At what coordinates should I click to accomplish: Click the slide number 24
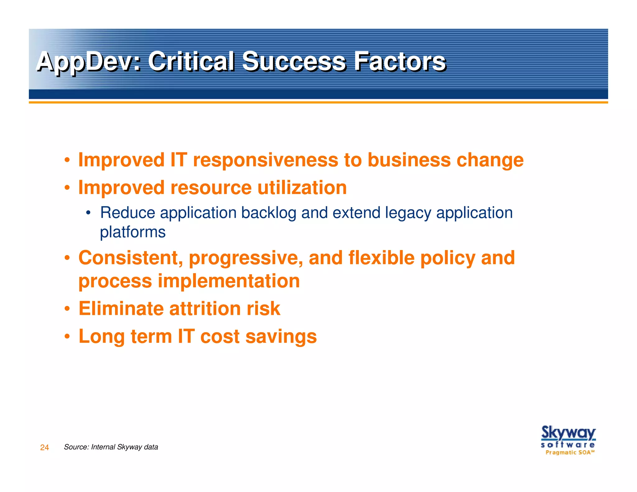click(44, 447)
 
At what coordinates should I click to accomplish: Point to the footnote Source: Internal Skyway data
click(111, 447)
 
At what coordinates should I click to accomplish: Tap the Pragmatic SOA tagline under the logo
click(570, 452)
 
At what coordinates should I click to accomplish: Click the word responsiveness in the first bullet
click(265, 160)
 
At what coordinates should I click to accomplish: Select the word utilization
click(302, 188)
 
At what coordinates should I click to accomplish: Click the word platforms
click(133, 232)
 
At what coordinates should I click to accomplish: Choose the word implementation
click(229, 281)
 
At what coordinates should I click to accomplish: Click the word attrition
click(205, 309)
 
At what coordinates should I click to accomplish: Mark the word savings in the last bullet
click(281, 337)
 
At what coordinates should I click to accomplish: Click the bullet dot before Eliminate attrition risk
click(67, 309)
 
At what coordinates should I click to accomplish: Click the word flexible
click(381, 258)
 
